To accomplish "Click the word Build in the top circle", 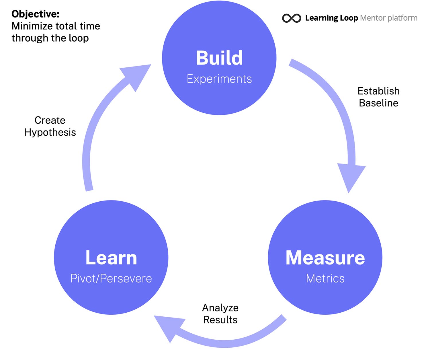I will pyautogui.click(x=219, y=58).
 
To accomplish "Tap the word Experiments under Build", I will pyautogui.click(x=219, y=79).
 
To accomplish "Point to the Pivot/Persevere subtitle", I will pyautogui.click(x=111, y=279).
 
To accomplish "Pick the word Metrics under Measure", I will pyautogui.click(x=325, y=279).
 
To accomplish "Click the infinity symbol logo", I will pyautogui.click(x=292, y=18).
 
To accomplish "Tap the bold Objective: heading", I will pyautogui.click(x=36, y=14).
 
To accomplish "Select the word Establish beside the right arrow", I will pyautogui.click(x=378, y=91).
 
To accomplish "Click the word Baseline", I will pyautogui.click(x=378, y=103).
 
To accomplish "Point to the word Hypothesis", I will pyautogui.click(x=50, y=132).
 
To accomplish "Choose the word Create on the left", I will pyautogui.click(x=50, y=120).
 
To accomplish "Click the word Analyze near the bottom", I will pyautogui.click(x=220, y=308).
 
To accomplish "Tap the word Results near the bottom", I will pyautogui.click(x=220, y=320).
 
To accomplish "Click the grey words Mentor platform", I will pyautogui.click(x=388, y=18).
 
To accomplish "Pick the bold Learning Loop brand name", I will pyautogui.click(x=331, y=18).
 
